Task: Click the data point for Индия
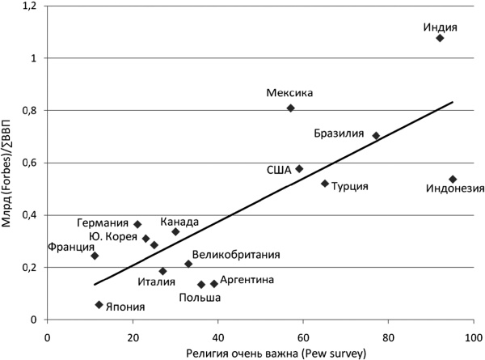[x=440, y=38]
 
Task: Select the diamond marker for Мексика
[x=290, y=108]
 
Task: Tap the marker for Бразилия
[x=376, y=136]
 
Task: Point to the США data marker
[x=299, y=168]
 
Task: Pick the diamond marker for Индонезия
[x=453, y=179]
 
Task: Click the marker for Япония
[x=99, y=305]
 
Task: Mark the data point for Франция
[x=95, y=256]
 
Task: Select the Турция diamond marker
[x=325, y=184]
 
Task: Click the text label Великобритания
[x=236, y=255]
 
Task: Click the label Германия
[x=103, y=223]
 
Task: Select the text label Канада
[x=178, y=221]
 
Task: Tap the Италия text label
[x=156, y=282]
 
